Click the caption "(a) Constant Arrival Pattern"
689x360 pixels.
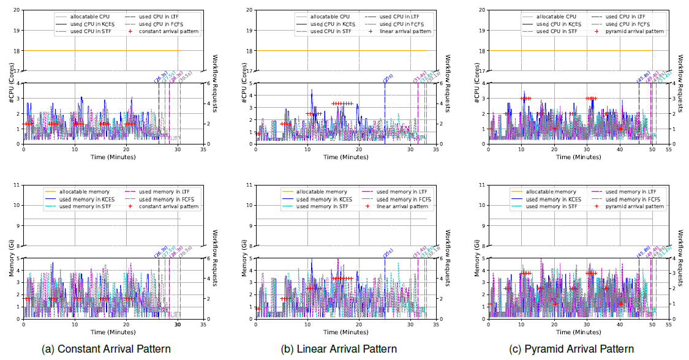point(106,349)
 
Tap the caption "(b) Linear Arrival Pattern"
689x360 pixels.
point(339,349)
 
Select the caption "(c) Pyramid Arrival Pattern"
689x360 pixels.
point(571,349)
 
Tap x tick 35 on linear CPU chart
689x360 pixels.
point(435,149)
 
